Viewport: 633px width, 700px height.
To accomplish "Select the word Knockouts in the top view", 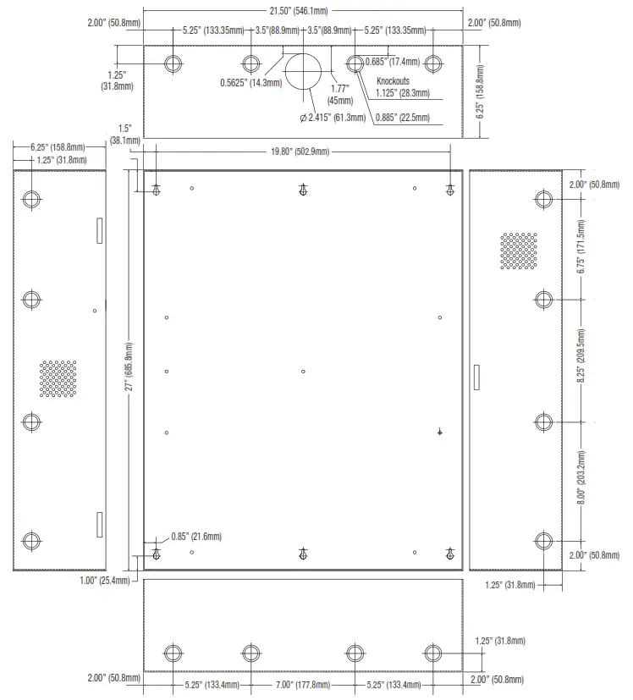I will click(x=394, y=81).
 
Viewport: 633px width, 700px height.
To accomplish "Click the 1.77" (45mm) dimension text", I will click(x=340, y=93).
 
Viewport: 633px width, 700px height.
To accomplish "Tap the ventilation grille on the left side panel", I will click(x=58, y=379).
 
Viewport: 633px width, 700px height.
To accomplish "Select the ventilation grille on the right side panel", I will click(x=518, y=251).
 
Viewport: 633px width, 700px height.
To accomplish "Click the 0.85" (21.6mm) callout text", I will click(x=195, y=537).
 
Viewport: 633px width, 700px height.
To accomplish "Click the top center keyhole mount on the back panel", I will click(x=304, y=190).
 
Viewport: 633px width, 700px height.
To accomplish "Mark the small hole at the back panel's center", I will click(x=304, y=371).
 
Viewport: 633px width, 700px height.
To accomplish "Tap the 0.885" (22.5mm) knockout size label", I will click(x=402, y=117).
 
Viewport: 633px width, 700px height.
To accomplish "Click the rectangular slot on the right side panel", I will click(x=476, y=376).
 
